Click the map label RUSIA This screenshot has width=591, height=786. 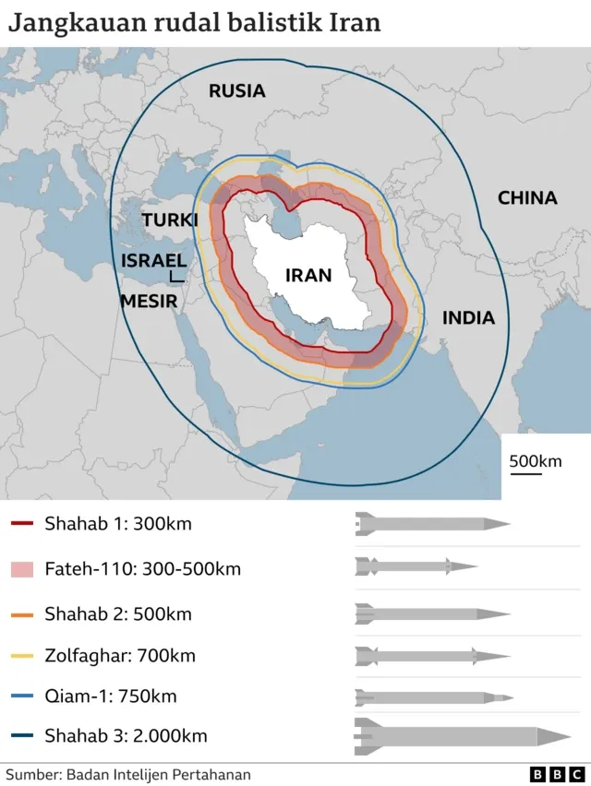coord(236,90)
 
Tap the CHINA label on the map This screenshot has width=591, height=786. coord(527,197)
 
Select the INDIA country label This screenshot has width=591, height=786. coord(468,318)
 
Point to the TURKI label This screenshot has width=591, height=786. coord(170,220)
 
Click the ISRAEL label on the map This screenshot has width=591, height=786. coord(153,261)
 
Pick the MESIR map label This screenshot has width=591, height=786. coord(151,301)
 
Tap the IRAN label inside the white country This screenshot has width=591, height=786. coord(308,275)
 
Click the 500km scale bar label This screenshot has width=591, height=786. coord(535,460)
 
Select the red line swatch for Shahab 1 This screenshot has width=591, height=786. coord(22,525)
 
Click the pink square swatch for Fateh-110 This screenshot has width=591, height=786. coord(22,569)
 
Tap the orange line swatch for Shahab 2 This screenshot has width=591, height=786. coord(22,613)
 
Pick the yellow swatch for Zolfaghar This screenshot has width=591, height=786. coord(22,657)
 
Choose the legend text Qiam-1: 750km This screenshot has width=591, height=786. coord(110,697)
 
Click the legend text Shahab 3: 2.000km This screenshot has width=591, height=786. coord(126,736)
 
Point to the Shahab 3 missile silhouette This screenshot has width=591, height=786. coord(462,736)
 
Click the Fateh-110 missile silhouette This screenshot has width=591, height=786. coord(416,566)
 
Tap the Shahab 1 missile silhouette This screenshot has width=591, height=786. coord(432,525)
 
